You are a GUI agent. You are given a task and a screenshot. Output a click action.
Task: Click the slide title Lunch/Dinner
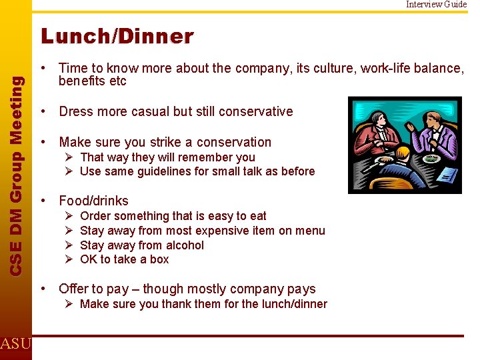tap(117, 36)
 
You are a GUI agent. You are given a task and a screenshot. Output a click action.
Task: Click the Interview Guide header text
tap(437, 4)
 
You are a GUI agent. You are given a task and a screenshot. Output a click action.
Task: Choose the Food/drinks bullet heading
tap(93, 201)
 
